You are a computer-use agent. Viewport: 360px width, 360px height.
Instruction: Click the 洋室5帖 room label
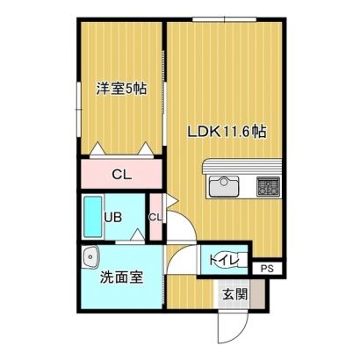[x=121, y=89]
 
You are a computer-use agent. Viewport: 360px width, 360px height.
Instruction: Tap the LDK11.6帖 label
[x=227, y=132]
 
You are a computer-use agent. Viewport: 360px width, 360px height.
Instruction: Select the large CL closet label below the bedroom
[x=122, y=175]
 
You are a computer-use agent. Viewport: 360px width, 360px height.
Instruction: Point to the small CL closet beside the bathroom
[x=155, y=218]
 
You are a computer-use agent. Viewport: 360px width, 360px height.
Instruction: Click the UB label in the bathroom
[x=113, y=218]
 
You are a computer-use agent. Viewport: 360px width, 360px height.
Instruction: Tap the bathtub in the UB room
[x=93, y=217]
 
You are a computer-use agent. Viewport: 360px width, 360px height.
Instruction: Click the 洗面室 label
[x=121, y=277]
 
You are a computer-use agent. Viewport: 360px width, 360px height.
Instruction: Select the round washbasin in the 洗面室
[x=90, y=257]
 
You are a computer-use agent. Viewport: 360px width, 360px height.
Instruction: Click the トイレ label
[x=224, y=260]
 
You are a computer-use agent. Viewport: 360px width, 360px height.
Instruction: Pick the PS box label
[x=267, y=269]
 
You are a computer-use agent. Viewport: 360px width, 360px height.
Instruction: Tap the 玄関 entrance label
[x=235, y=294]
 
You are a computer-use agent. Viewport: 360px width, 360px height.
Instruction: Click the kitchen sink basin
[x=224, y=186]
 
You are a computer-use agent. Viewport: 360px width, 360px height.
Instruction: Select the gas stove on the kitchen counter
[x=268, y=186]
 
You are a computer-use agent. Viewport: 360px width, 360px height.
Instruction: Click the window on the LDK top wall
[x=224, y=19]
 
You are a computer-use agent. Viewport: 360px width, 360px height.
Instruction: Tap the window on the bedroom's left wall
[x=79, y=109]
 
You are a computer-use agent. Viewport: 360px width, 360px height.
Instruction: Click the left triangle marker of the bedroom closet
[x=97, y=148]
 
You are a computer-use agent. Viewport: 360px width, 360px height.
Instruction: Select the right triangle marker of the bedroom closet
[x=145, y=148]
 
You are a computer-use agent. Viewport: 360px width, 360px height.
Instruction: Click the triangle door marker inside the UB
[x=137, y=234]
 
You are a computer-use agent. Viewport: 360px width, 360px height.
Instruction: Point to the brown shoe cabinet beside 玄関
[x=257, y=294]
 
